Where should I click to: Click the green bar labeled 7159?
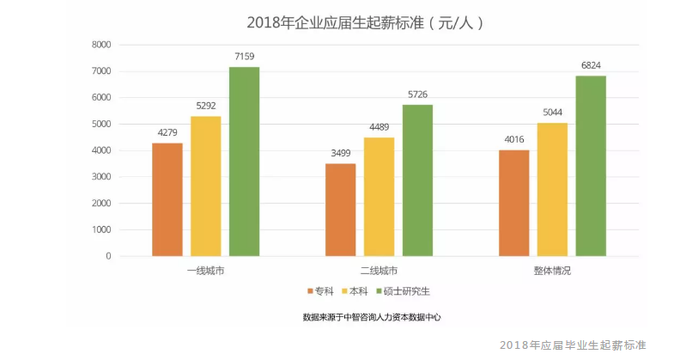coord(244,162)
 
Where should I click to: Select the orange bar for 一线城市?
coord(167,199)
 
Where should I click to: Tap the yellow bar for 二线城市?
coord(379,197)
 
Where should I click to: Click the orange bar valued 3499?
coord(340,210)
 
